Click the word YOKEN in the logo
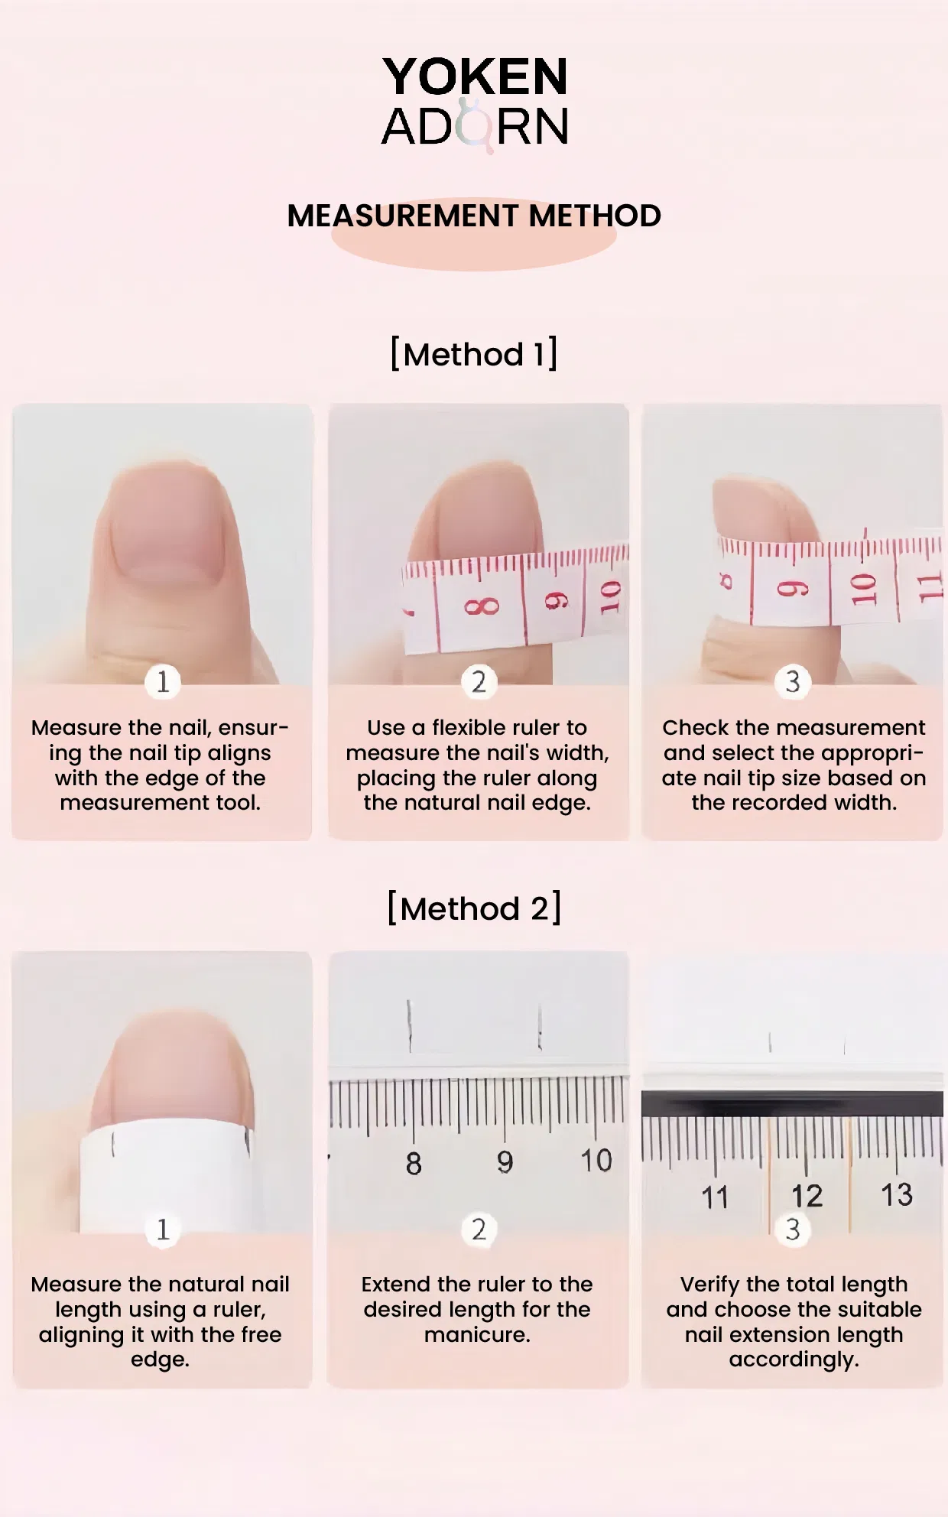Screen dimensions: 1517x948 pos(475,76)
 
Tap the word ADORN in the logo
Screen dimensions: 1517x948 pos(475,126)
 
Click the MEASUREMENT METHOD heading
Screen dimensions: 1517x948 pos(474,216)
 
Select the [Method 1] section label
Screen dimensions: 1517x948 pos(474,354)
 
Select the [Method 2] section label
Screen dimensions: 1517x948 pos(474,908)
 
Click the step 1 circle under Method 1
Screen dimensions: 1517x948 pos(163,681)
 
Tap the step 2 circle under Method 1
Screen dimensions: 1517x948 pos(479,681)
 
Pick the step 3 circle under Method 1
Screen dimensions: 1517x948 pos(793,681)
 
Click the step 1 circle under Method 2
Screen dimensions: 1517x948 pos(163,1230)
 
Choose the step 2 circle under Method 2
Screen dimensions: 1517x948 pos(479,1230)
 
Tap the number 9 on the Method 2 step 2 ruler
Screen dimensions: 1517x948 pos(505,1162)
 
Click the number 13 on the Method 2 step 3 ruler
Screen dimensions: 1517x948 pos(897,1194)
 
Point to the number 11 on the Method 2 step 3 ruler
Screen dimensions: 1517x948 pos(716,1197)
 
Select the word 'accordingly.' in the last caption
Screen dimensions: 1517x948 pos(794,1359)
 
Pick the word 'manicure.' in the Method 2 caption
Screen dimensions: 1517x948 pos(477,1334)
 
